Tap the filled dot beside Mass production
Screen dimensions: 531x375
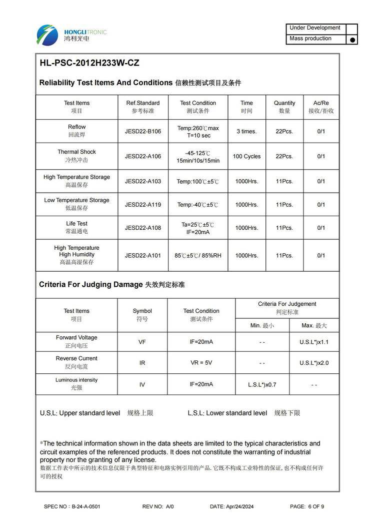point(352,40)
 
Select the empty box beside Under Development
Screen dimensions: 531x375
point(351,29)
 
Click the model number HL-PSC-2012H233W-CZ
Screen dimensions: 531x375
point(89,63)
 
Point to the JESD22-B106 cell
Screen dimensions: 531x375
point(143,131)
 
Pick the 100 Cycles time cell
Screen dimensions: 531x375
point(246,156)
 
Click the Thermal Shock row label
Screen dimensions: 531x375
point(76,156)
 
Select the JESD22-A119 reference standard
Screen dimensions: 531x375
point(143,204)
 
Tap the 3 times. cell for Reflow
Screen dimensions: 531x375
point(246,131)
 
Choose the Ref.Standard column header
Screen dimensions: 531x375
point(143,107)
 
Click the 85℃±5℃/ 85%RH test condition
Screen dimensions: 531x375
point(198,255)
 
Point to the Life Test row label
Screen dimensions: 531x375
point(76,227)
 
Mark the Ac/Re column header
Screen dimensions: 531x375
point(321,107)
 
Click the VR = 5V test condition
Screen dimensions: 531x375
point(201,362)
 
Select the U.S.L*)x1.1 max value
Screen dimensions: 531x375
point(314,342)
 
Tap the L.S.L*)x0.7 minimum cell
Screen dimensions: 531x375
point(262,385)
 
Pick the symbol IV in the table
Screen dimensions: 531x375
point(142,384)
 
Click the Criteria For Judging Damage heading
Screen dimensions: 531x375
point(91,284)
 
